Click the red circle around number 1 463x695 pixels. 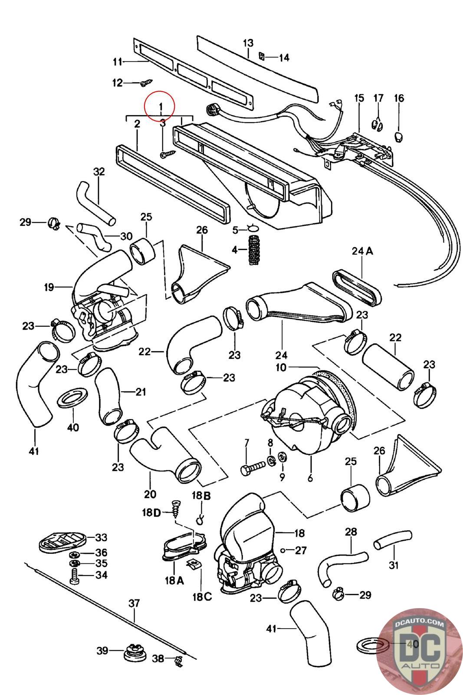coord(159,106)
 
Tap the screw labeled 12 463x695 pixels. coord(146,82)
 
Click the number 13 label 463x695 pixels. coord(248,43)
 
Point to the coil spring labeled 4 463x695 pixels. coord(253,250)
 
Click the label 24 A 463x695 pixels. coord(362,251)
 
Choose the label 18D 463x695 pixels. coord(151,513)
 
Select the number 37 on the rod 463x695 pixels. coord(134,603)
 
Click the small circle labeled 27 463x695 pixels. coord(282,550)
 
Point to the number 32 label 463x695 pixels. coord(99,172)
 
